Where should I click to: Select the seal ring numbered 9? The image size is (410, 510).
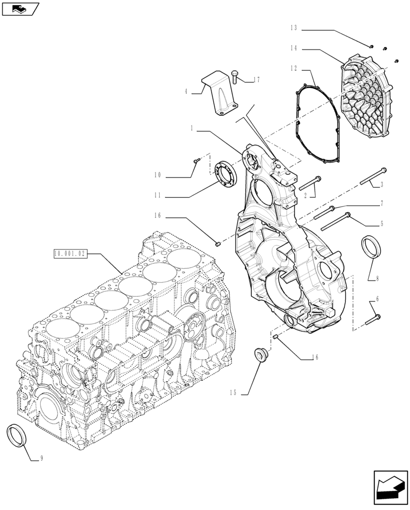point(17,434)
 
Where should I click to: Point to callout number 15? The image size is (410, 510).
point(234,393)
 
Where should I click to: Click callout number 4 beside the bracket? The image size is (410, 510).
point(187,92)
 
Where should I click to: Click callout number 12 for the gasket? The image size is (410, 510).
point(293,68)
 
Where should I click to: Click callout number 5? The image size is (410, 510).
point(382,223)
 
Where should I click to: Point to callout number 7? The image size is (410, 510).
point(382,203)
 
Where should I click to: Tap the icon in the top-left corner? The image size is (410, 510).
point(20,8)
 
